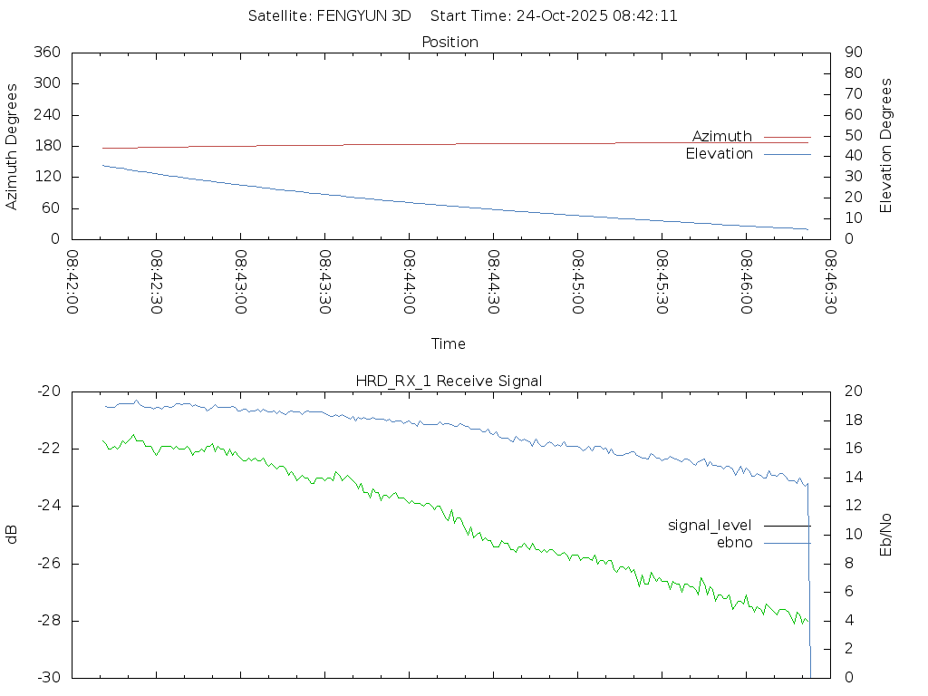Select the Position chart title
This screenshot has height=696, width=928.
(x=450, y=42)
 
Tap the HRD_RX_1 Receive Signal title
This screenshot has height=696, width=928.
(x=449, y=381)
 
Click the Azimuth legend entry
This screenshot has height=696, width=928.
(x=722, y=136)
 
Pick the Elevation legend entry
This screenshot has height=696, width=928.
(x=720, y=154)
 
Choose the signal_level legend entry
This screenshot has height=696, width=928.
(x=710, y=525)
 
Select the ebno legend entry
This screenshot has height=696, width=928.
(x=735, y=542)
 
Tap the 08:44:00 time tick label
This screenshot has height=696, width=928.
(x=410, y=282)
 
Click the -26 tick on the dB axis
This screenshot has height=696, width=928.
(x=48, y=564)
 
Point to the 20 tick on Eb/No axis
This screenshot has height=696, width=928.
(x=852, y=391)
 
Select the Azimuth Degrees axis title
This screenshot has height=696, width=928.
(x=13, y=146)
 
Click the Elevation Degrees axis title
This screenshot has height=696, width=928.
(x=886, y=146)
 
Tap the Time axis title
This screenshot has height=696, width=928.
(x=449, y=343)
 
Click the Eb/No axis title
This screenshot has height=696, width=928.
(x=886, y=535)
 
